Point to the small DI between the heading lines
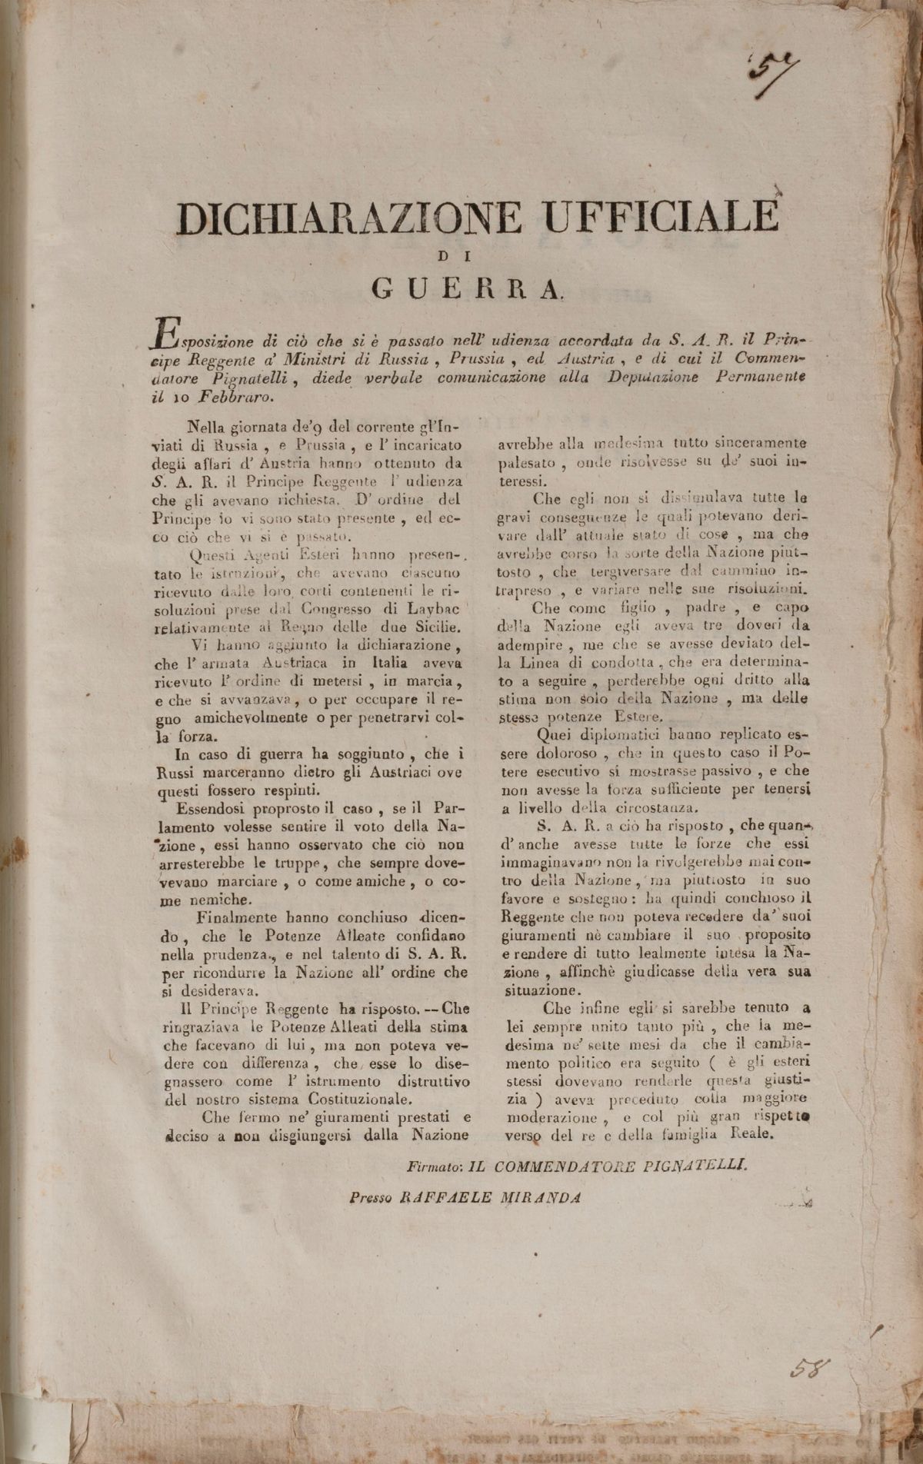click(468, 255)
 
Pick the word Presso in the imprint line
click(371, 1196)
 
